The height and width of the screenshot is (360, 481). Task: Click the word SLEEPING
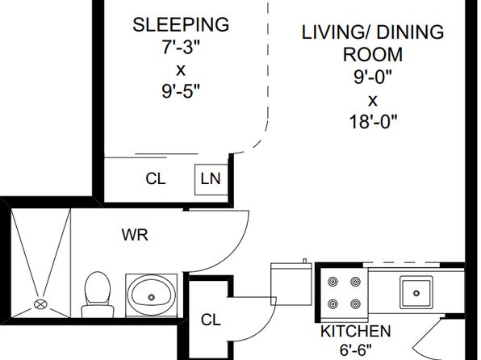pos(181,25)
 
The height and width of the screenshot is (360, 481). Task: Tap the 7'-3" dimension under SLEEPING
pos(181,47)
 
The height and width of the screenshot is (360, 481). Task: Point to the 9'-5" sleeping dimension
pos(181,90)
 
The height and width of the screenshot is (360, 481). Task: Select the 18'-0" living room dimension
pos(373,122)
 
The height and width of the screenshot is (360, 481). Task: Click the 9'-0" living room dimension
pos(373,77)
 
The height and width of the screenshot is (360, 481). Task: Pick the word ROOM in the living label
pos(373,54)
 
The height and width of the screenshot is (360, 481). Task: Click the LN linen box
pos(211,179)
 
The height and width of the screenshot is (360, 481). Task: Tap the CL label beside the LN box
pos(156,178)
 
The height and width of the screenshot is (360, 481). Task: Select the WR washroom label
pos(135,235)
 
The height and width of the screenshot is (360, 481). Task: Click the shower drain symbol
pos(40,304)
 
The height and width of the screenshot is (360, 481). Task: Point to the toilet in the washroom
pos(98,295)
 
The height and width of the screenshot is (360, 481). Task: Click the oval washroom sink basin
pos(152,295)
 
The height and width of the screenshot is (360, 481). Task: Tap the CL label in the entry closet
pos(211,320)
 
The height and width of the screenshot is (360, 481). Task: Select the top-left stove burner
pos(333,282)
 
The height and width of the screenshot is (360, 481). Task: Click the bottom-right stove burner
pos(356,303)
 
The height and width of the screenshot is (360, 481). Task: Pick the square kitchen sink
pos(416,292)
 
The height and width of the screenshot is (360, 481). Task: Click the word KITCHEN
pos(356,331)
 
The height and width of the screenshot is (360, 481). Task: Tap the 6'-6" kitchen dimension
pos(356,350)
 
